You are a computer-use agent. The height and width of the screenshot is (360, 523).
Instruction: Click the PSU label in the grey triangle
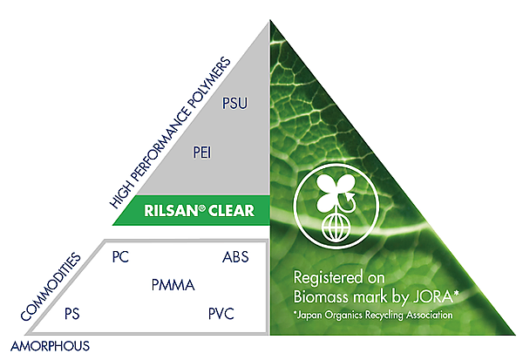click(234, 103)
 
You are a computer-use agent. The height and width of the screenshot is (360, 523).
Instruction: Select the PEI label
click(202, 153)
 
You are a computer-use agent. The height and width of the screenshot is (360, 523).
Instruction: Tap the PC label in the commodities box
click(120, 257)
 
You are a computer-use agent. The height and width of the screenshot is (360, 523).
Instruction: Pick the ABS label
click(235, 257)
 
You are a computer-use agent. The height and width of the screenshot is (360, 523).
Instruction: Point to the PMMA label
click(173, 285)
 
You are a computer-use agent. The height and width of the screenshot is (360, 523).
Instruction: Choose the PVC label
click(221, 314)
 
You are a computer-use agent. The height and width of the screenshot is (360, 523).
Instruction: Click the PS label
click(72, 314)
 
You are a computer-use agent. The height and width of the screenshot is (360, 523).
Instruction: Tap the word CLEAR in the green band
click(231, 211)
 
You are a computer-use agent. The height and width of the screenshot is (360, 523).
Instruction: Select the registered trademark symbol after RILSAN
click(202, 207)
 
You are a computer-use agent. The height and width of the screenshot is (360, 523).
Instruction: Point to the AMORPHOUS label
click(50, 346)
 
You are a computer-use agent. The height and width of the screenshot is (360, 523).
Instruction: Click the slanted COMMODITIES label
click(51, 287)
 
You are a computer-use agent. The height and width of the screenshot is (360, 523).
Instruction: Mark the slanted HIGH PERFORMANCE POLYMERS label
click(170, 132)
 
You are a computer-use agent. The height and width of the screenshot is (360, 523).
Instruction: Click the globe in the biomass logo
click(336, 228)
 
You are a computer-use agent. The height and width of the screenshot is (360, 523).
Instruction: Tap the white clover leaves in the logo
click(335, 194)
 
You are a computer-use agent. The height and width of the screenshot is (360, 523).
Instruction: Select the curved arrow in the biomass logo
click(348, 202)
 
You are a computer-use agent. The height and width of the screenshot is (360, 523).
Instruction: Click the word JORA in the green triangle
click(433, 296)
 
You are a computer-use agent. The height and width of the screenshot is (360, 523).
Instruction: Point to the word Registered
click(328, 278)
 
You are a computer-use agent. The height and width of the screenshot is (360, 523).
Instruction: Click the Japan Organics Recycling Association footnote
click(373, 315)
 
